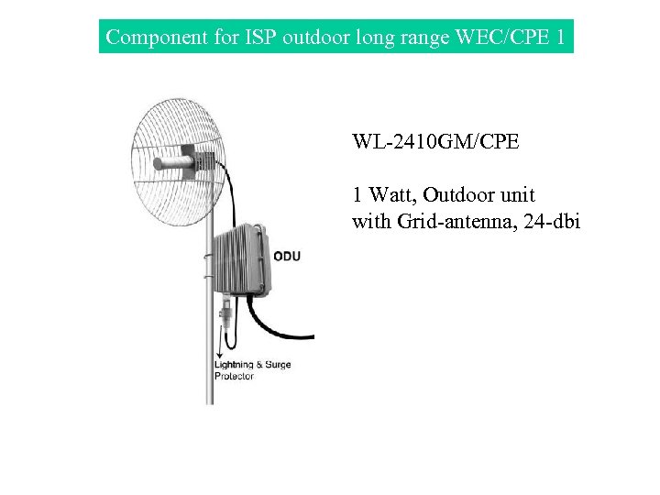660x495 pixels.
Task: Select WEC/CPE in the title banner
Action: [x=499, y=38]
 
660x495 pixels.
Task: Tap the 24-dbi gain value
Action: [x=550, y=221]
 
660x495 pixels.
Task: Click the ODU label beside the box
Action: [x=286, y=256]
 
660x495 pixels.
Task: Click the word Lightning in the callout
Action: [x=234, y=365]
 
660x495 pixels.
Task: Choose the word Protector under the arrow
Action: [x=234, y=377]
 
